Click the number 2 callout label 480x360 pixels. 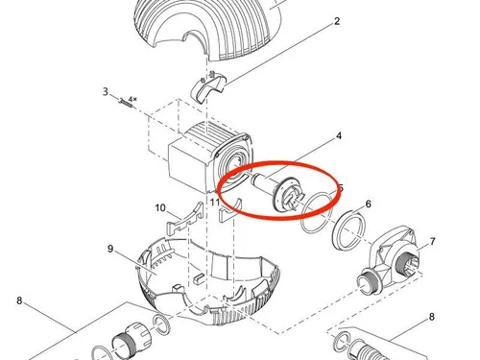tap(338, 20)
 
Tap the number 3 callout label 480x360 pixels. tap(105, 92)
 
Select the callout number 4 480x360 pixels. tap(338, 137)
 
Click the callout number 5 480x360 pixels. tap(340, 188)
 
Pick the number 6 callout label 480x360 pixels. tap(368, 204)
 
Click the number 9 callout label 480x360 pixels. tap(111, 250)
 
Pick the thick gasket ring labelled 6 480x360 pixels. tap(348, 228)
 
